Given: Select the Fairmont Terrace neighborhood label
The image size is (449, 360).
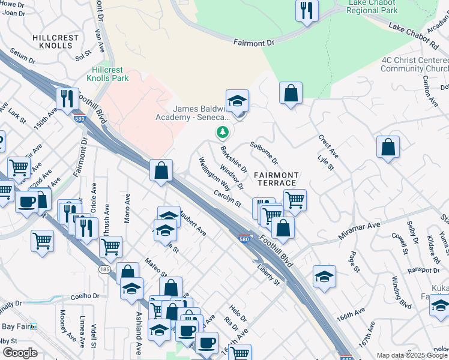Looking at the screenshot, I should [x=275, y=178].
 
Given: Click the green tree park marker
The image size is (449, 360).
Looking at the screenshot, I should [x=223, y=131].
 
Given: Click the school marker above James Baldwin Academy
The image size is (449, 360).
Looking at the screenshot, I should [x=237, y=100].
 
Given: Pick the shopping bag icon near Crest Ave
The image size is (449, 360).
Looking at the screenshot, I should [x=388, y=147].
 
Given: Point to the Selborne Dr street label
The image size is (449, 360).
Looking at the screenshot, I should [x=265, y=154].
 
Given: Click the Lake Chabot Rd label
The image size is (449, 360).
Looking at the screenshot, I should [x=414, y=35].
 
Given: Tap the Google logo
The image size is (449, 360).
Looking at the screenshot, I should [x=20, y=352].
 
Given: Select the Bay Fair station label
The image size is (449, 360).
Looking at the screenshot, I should [x=16, y=326].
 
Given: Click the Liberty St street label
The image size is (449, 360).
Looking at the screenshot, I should [x=268, y=274].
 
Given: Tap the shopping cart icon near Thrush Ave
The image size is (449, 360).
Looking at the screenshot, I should [x=110, y=246].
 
